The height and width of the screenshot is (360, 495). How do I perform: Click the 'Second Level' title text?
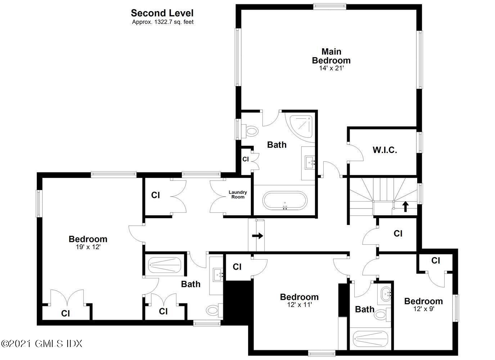coord(162,13)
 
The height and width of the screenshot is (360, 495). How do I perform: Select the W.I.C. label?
coord(384,150)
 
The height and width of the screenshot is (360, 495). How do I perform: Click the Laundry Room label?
coord(238,194)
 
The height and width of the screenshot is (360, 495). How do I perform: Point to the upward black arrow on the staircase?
coord(405,206)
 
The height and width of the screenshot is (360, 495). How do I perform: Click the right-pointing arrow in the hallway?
coord(257,236)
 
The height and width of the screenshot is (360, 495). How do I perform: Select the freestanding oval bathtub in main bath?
coord(285,201)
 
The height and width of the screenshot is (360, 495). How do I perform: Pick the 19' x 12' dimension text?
coord(88,247)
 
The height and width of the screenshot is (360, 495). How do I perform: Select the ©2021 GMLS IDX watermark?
coord(42,343)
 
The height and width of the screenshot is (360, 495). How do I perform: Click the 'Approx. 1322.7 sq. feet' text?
coord(162,22)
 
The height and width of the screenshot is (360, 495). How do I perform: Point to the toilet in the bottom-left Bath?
coord(213,309)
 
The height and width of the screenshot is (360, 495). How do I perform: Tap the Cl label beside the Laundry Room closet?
coord(155,195)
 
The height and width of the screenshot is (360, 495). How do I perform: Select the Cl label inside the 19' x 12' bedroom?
coord(65,313)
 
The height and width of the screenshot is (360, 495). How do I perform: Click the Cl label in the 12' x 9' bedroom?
coord(436,260)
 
